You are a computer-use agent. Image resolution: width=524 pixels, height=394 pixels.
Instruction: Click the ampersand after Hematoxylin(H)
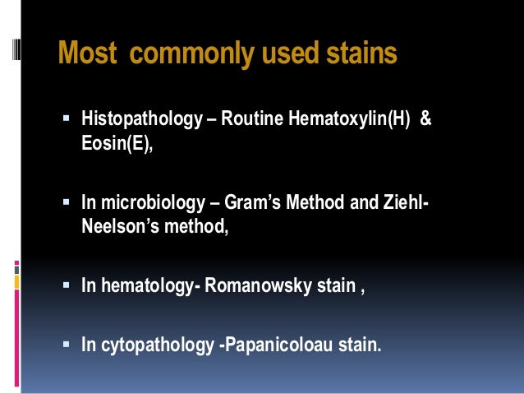425,121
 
